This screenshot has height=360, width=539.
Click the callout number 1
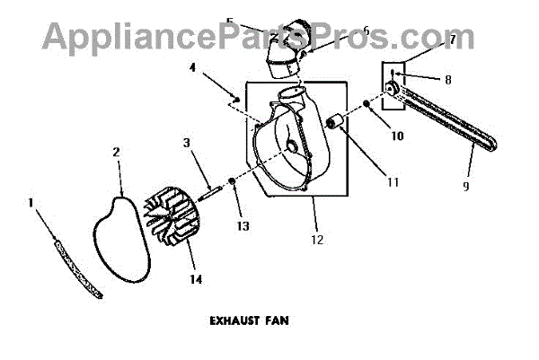coord(32,204)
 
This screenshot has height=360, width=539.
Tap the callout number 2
coord(116,153)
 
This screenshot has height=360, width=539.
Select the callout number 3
coord(187,143)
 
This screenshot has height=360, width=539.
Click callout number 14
coord(196,279)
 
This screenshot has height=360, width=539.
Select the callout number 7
coord(453,40)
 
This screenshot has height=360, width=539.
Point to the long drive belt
coord(440,121)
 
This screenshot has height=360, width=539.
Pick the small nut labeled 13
coord(232,182)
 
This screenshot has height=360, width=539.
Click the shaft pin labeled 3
coord(211,189)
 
